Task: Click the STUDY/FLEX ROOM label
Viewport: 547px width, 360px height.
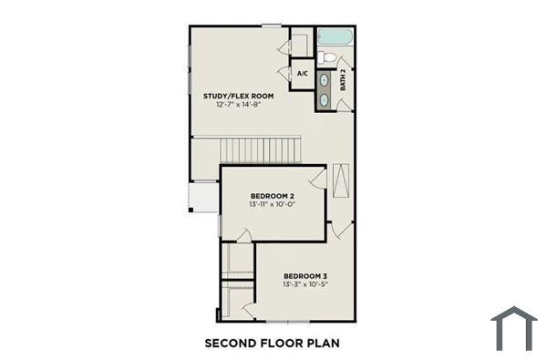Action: [x=238, y=95]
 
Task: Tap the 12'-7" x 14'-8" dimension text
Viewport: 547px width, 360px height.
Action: [x=238, y=105]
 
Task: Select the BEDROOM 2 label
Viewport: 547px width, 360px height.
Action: [x=272, y=196]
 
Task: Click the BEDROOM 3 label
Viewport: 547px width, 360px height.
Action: [x=304, y=276]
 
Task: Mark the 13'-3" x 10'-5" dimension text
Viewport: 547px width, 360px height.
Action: [x=304, y=285]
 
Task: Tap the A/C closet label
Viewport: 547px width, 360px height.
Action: [x=303, y=73]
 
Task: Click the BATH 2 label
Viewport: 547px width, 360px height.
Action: [x=343, y=80]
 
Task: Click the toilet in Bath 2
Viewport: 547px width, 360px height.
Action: [x=331, y=57]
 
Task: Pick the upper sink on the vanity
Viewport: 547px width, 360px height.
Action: [x=324, y=80]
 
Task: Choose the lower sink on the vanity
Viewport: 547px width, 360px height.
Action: [x=324, y=98]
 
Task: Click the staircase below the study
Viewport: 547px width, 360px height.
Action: [x=246, y=149]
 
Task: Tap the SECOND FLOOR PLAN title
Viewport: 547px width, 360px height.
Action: [x=272, y=343]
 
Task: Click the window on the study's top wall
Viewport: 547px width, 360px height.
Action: [x=271, y=25]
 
